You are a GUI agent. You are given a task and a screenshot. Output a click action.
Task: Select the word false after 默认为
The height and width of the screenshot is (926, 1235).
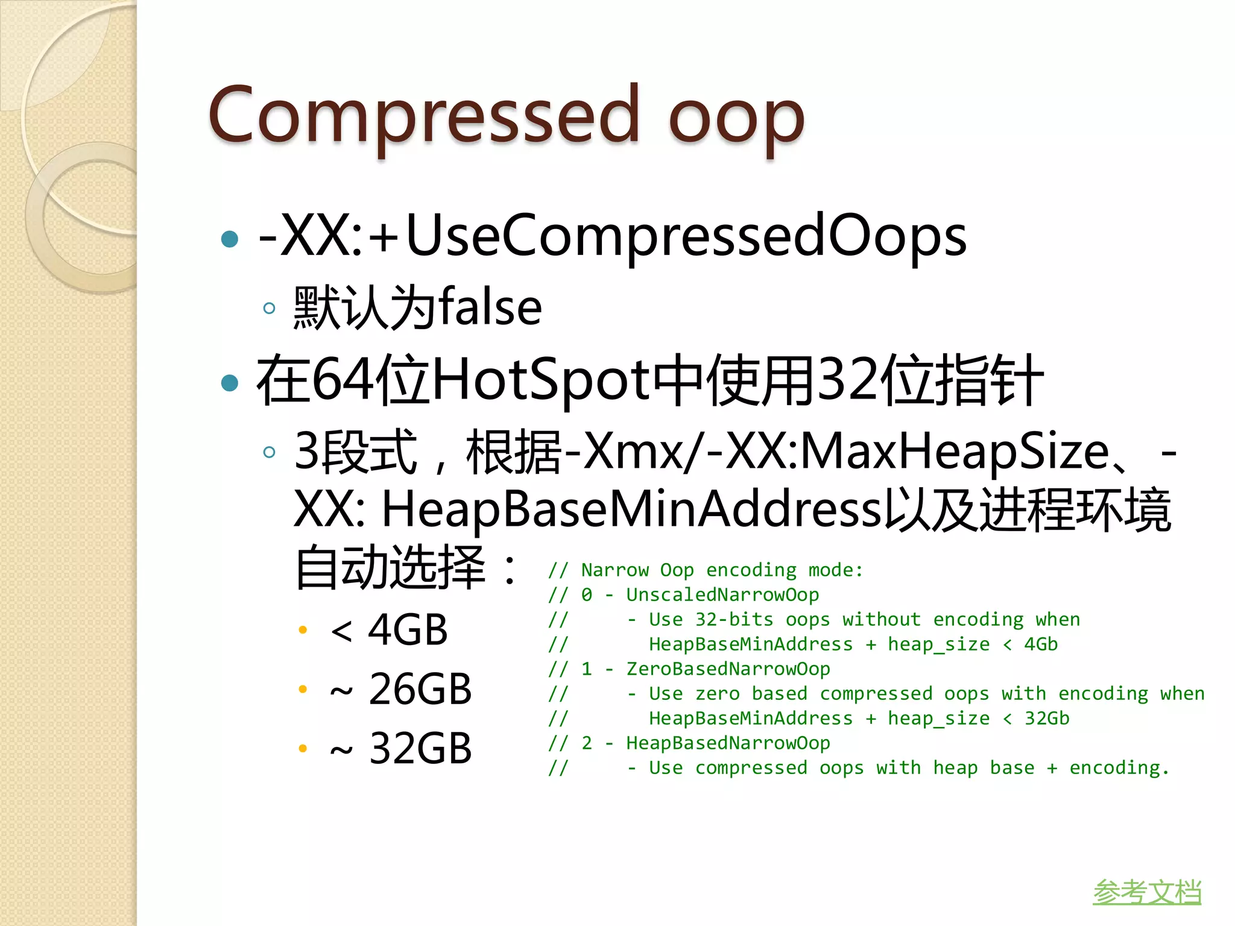pyautogui.click(x=490, y=307)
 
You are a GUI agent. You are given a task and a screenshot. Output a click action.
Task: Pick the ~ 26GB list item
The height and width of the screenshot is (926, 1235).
pyautogui.click(x=400, y=689)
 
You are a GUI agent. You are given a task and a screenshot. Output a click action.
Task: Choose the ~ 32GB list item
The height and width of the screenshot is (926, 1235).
pyautogui.click(x=400, y=748)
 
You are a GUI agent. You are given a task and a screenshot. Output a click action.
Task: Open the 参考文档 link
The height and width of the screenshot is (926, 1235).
pyautogui.click(x=1146, y=892)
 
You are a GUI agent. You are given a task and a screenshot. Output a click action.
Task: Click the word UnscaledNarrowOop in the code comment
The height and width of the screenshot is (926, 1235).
pyautogui.click(x=722, y=595)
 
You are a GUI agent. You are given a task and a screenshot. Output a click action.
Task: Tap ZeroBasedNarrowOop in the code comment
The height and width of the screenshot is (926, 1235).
pyautogui.click(x=728, y=669)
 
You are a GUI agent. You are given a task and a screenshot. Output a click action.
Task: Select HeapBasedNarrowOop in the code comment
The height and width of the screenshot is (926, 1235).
pyautogui.click(x=728, y=743)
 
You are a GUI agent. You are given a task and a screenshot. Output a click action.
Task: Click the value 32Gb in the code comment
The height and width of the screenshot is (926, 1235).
pyautogui.click(x=1047, y=719)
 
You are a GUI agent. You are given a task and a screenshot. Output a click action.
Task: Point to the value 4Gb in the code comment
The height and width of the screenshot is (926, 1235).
pyautogui.click(x=1041, y=644)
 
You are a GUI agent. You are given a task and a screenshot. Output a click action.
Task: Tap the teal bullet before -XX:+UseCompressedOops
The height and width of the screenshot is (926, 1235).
pyautogui.click(x=230, y=239)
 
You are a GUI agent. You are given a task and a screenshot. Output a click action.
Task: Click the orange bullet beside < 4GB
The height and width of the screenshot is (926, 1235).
pyautogui.click(x=303, y=631)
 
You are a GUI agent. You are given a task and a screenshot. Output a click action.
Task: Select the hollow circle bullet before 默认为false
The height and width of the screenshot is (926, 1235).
pyautogui.click(x=270, y=309)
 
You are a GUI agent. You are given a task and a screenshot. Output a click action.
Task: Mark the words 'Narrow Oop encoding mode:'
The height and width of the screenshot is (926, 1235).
pyautogui.click(x=722, y=570)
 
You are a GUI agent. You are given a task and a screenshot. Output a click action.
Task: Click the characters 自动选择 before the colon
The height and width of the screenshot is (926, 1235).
pyautogui.click(x=390, y=567)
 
